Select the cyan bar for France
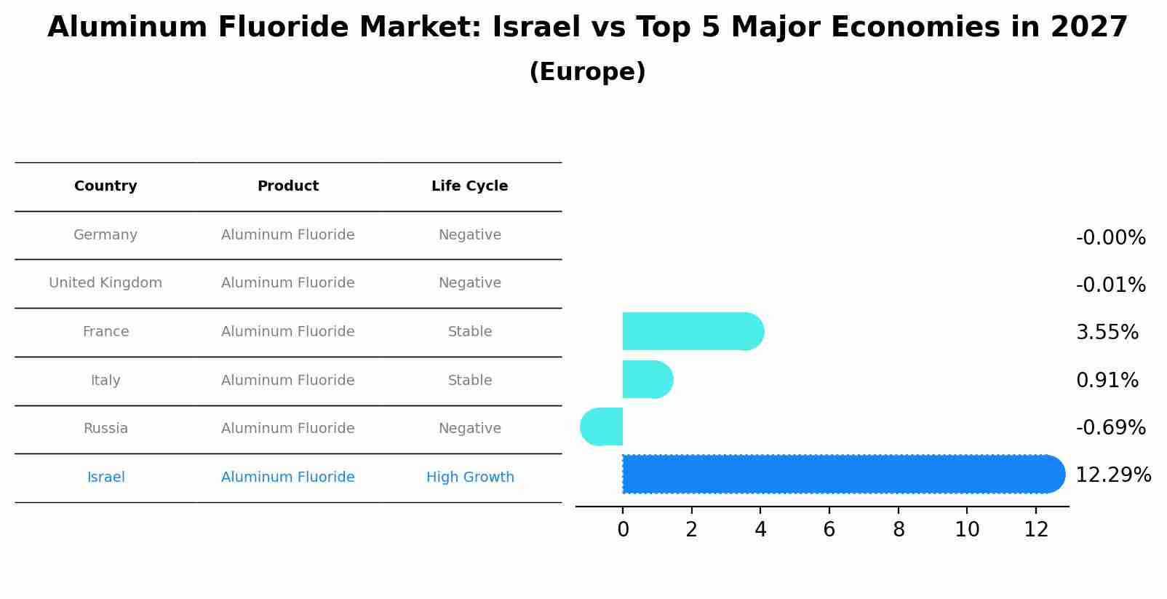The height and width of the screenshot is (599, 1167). [691, 332]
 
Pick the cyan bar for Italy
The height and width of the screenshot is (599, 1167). [647, 380]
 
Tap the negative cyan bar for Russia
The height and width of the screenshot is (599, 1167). [602, 427]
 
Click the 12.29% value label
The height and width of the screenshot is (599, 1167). [1112, 475]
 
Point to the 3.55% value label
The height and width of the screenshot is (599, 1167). [1107, 333]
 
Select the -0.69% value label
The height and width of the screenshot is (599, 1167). [1110, 428]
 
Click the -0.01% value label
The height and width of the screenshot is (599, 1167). [1110, 285]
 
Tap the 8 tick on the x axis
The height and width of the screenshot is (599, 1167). [899, 530]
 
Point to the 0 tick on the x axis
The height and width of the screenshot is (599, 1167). [623, 530]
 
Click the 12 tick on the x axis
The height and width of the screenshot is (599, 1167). [1036, 530]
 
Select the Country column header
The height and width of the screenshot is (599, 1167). [105, 186]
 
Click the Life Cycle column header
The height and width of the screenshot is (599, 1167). [469, 186]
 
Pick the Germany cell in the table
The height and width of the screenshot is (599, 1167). [105, 235]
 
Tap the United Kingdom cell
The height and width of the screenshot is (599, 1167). [105, 283]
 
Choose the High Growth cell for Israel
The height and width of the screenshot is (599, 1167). [470, 477]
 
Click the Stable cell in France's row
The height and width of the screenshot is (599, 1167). [470, 332]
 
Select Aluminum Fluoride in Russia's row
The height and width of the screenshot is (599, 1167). [287, 429]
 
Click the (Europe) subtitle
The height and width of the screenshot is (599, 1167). [587, 72]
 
